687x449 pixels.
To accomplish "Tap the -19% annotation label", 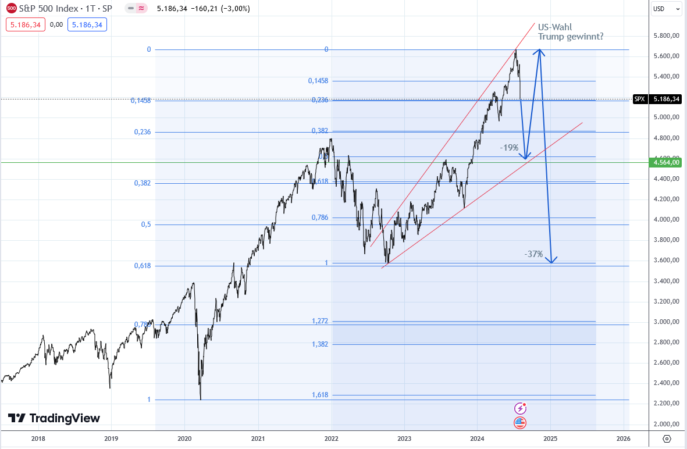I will [509, 148].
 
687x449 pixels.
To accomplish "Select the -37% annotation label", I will [533, 254].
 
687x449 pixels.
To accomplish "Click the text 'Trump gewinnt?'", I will [570, 37].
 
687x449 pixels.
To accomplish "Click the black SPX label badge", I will [639, 99].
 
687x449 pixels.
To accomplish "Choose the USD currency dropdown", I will [666, 9].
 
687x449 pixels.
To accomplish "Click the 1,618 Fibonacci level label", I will [320, 395].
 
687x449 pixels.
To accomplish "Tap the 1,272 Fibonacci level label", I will [320, 320].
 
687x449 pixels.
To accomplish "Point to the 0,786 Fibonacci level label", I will [320, 218].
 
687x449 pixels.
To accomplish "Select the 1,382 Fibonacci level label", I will [320, 344].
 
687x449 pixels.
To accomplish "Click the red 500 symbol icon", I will [11, 9].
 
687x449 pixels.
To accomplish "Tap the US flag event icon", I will [520, 423].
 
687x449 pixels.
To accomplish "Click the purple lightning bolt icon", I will [520, 408].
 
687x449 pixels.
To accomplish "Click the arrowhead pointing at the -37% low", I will [551, 260].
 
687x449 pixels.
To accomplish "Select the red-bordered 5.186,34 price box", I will [26, 24].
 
